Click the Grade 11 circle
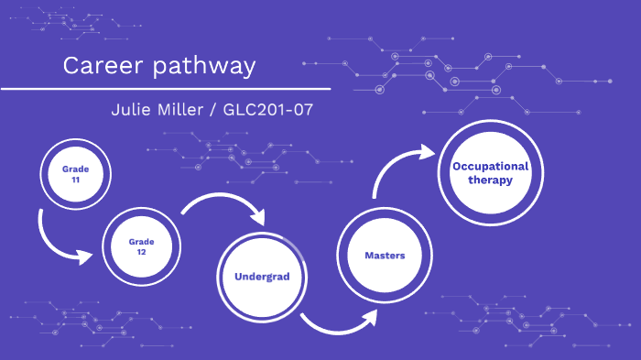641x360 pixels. (76, 174)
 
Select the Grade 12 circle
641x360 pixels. (141, 246)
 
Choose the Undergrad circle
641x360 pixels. (261, 276)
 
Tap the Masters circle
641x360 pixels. (384, 255)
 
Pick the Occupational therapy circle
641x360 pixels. (490, 173)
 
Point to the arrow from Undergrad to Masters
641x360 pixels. (339, 321)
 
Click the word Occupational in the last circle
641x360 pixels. (490, 166)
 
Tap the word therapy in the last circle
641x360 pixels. (490, 180)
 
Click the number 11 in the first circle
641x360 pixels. (76, 180)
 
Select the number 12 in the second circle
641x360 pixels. (141, 252)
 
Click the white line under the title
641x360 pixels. (165, 89)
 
